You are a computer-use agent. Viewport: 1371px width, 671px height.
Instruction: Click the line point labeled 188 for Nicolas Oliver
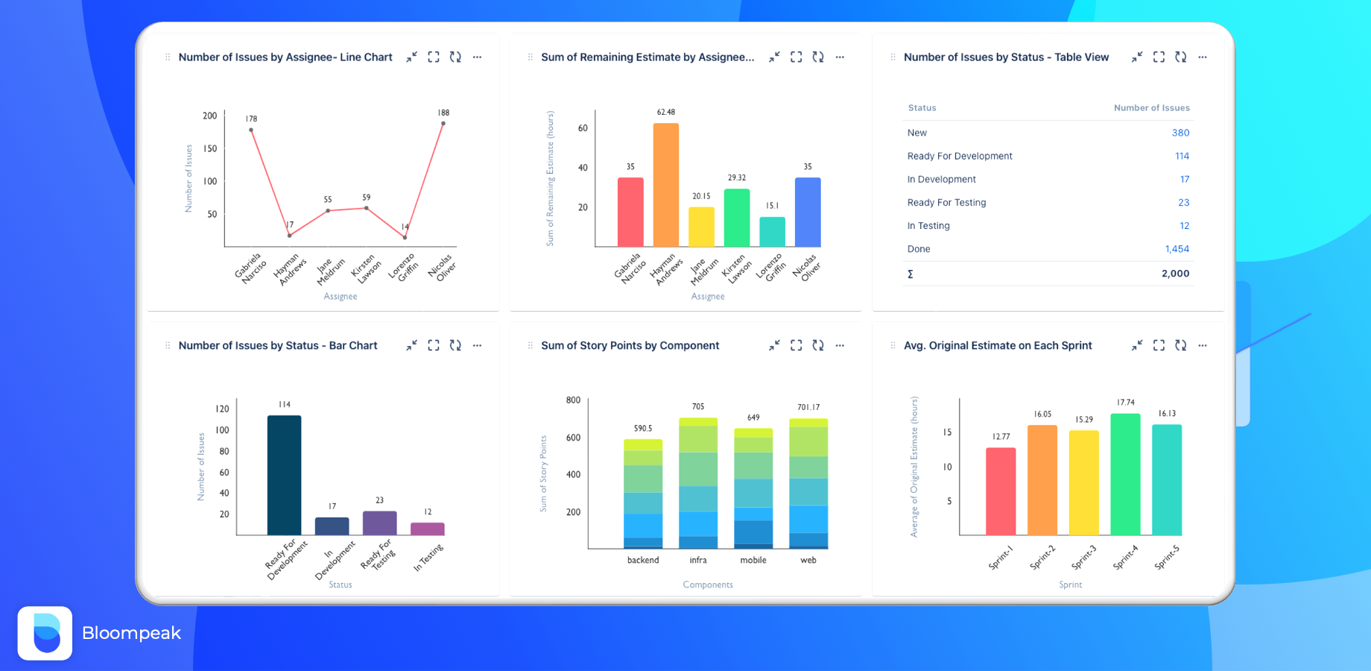[x=443, y=124]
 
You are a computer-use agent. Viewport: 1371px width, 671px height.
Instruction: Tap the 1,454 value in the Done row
[x=1177, y=249]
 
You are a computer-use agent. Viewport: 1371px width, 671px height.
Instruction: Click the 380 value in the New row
[x=1180, y=133]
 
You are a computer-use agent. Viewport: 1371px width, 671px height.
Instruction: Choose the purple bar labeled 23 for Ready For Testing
[x=379, y=523]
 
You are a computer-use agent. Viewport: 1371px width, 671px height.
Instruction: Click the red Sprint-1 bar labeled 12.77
[x=1001, y=491]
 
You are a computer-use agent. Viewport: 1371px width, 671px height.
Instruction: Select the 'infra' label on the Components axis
[x=698, y=560]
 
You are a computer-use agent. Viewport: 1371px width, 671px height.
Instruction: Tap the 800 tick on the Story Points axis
[x=573, y=400]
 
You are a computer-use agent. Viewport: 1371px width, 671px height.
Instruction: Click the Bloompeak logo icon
[x=45, y=633]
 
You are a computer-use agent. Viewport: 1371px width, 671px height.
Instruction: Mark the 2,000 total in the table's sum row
[x=1175, y=274]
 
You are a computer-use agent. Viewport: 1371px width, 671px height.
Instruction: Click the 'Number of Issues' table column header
[x=1151, y=108]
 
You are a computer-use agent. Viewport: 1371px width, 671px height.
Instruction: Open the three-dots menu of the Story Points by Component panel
[x=840, y=345]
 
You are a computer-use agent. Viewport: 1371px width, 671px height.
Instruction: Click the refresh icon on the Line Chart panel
[x=455, y=57]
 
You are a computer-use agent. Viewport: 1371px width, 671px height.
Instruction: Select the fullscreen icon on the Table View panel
[x=1159, y=57]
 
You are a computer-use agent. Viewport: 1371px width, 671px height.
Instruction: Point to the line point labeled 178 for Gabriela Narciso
[x=251, y=130]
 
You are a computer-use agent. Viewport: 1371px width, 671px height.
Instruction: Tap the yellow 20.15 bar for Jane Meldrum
[x=701, y=227]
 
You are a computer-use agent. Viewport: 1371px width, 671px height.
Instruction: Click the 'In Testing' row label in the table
[x=928, y=226]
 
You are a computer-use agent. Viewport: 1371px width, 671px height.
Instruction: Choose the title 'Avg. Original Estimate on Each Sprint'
[x=998, y=345]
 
